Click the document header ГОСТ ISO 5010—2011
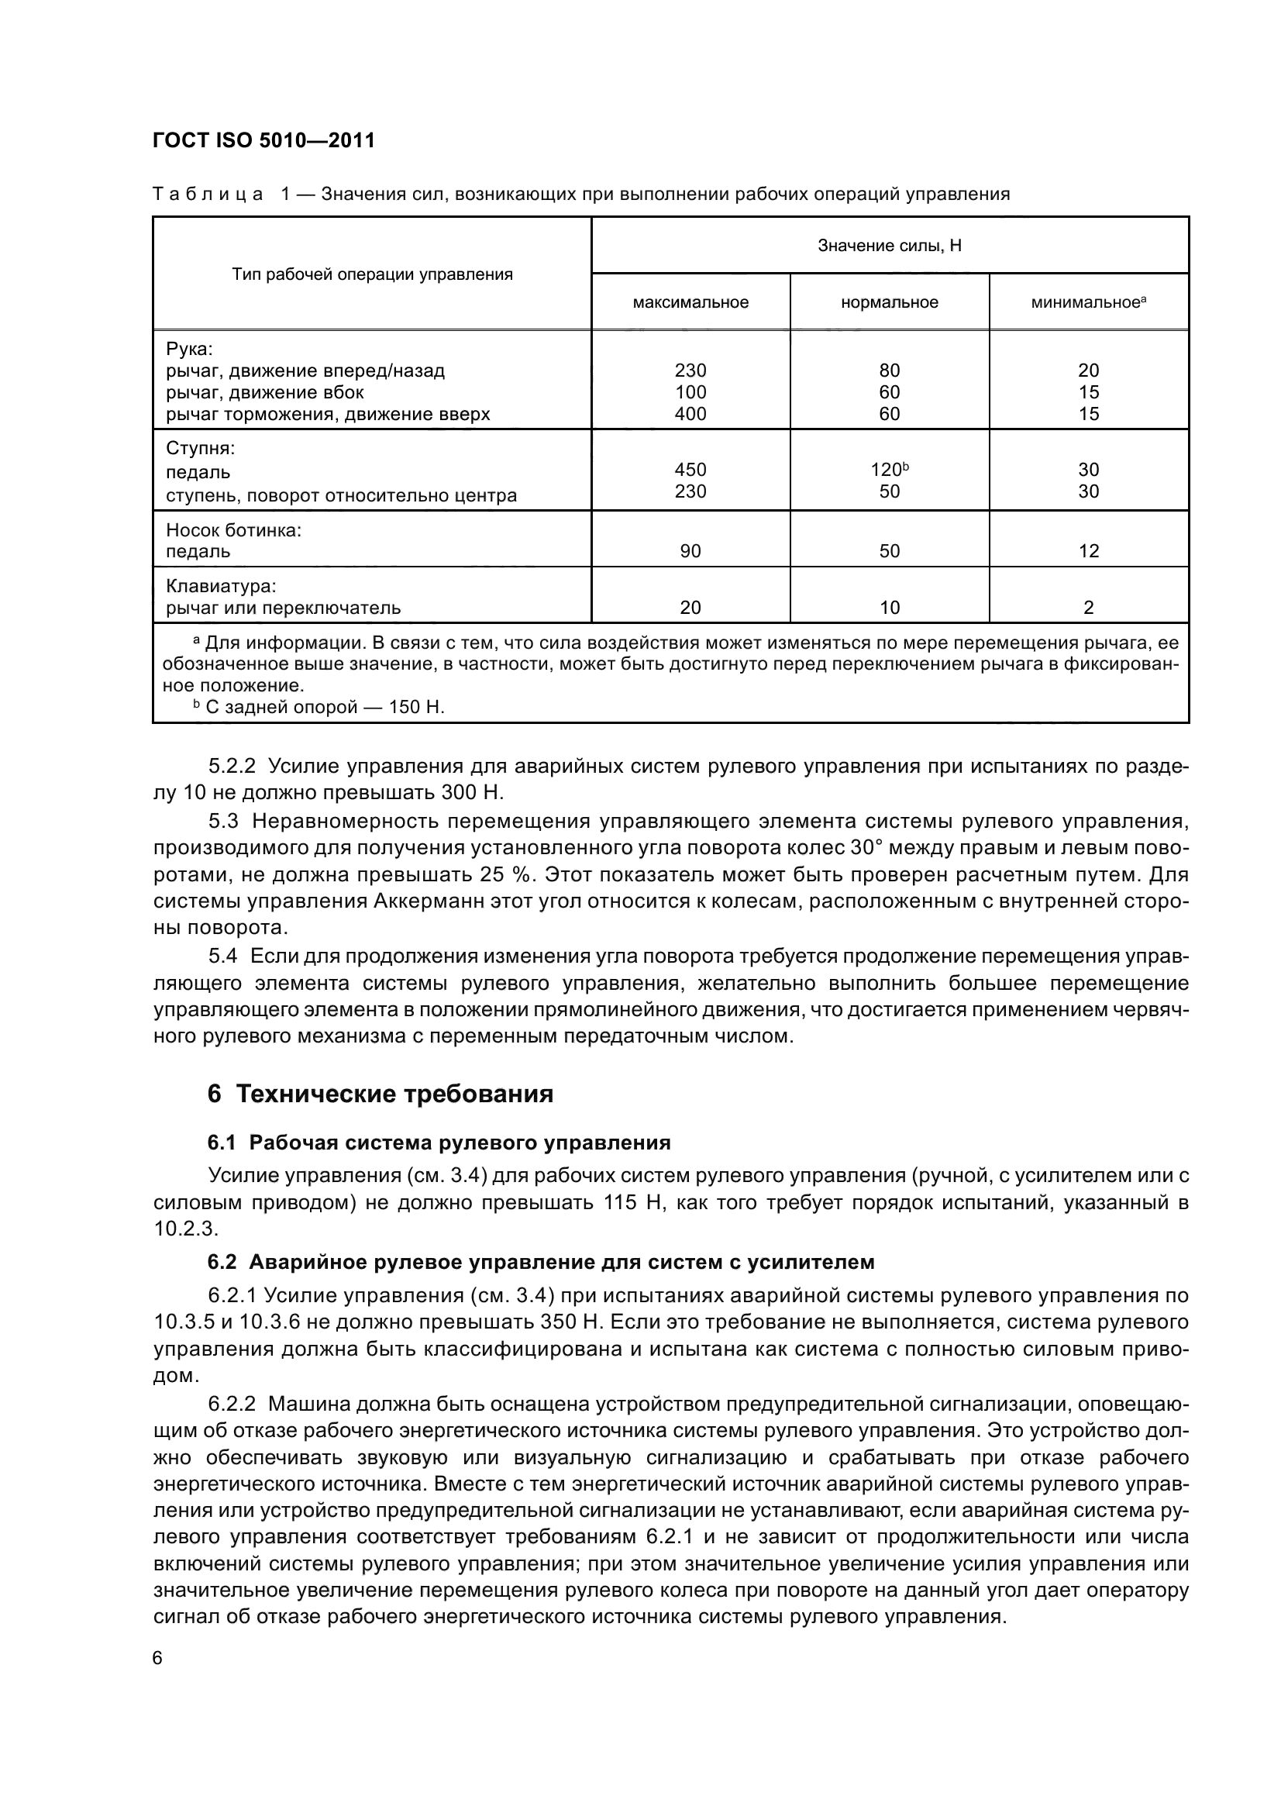263,140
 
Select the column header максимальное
690,302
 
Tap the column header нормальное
890,302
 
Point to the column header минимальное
1087,302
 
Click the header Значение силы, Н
890,246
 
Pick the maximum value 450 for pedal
690,470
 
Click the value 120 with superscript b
889,470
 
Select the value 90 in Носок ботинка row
690,551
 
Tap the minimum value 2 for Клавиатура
1088,607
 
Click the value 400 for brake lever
690,414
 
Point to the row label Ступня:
201,449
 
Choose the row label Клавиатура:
221,586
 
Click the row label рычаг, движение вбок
264,392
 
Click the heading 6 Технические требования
380,1094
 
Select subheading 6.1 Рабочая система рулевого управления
439,1143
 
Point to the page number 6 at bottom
158,1657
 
